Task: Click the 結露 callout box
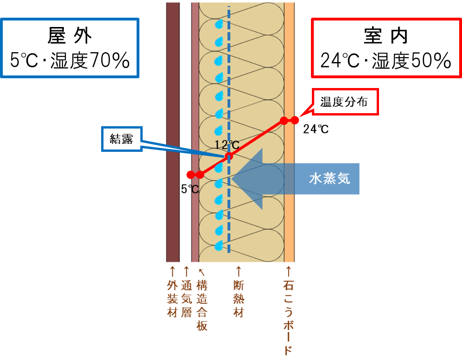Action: click(x=122, y=139)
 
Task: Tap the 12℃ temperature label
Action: click(x=227, y=144)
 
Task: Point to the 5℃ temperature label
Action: click(x=190, y=189)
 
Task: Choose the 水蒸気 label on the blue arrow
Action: click(x=329, y=179)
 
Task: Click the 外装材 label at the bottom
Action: click(x=172, y=299)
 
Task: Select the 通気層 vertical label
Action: click(x=186, y=299)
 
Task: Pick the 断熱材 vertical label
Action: click(x=239, y=299)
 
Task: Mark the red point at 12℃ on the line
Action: click(x=228, y=156)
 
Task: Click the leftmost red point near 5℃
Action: click(x=190, y=175)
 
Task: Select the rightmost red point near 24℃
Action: click(x=295, y=120)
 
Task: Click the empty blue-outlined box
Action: click(x=70, y=48)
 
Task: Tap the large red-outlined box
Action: click(x=386, y=48)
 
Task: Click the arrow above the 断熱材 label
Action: click(x=239, y=271)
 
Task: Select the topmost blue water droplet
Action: click(x=219, y=23)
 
